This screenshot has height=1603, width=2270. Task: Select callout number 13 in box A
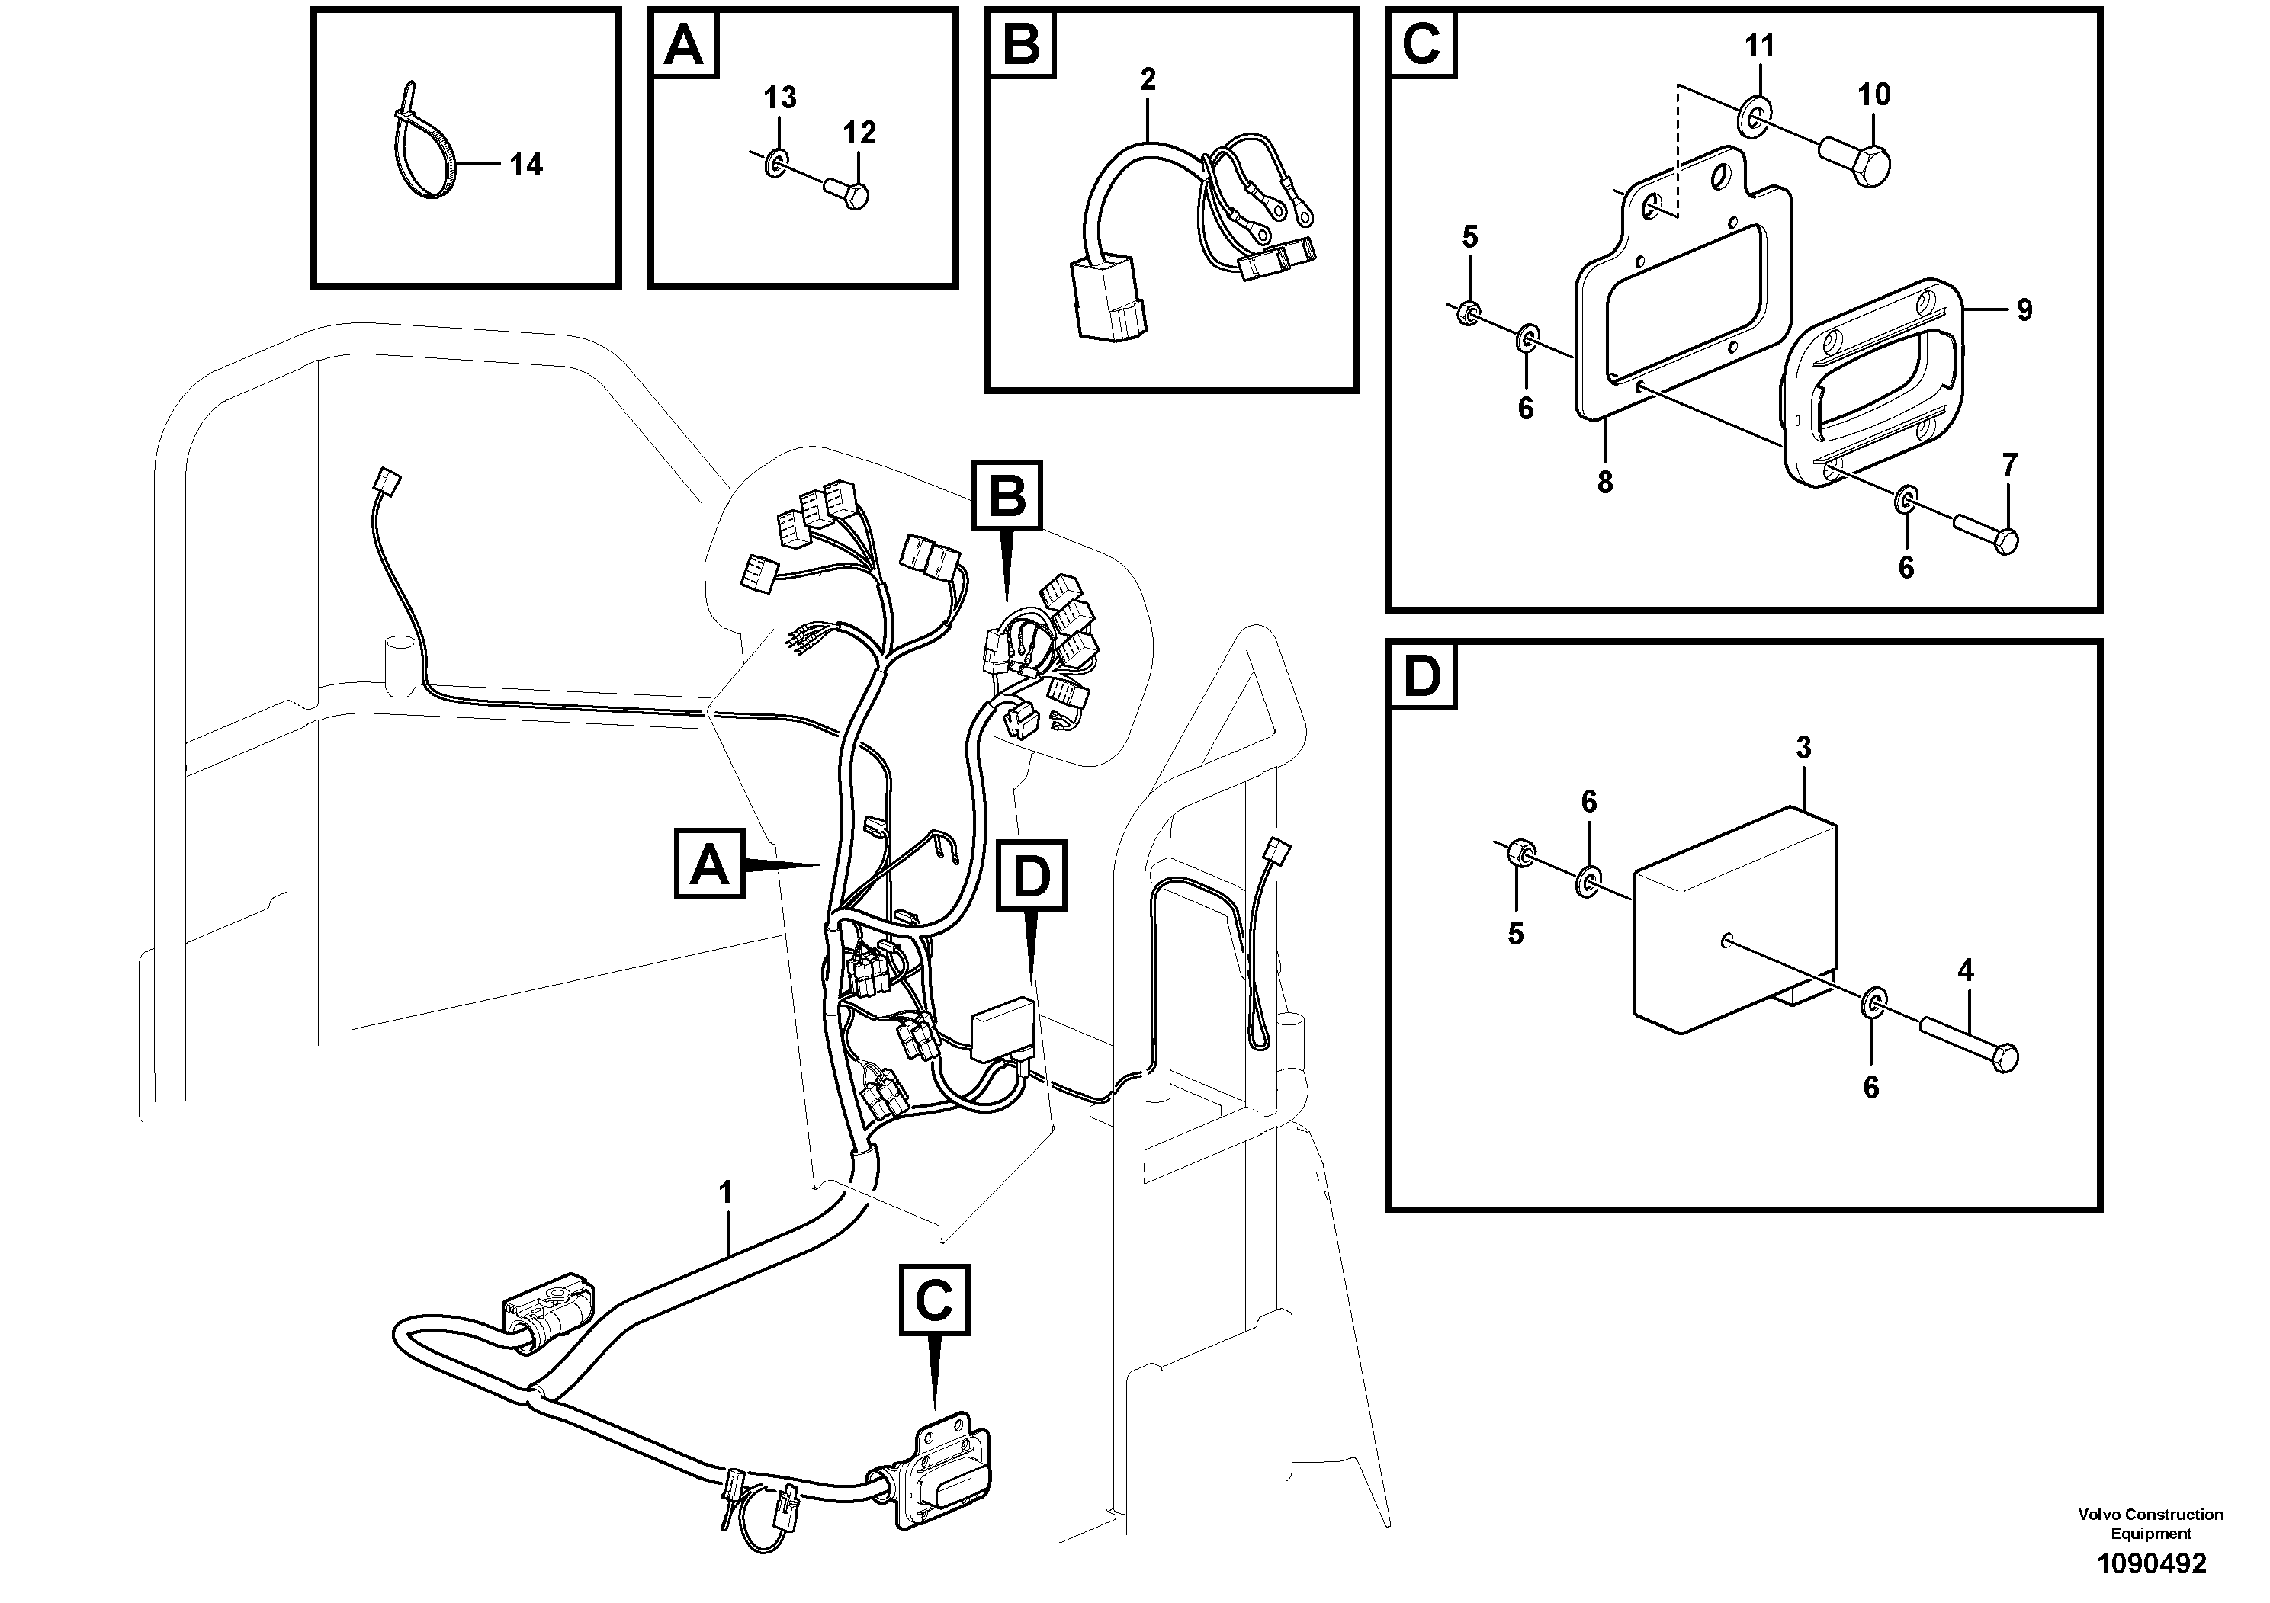tap(780, 98)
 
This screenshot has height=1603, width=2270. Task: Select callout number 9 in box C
tap(2024, 310)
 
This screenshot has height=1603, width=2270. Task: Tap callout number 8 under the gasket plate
tap(1604, 483)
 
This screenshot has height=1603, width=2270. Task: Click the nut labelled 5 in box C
tap(1470, 313)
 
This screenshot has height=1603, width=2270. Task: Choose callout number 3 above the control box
tap(1803, 748)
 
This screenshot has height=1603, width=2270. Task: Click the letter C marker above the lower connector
tap(934, 1300)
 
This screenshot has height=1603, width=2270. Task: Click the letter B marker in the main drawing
tap(1007, 494)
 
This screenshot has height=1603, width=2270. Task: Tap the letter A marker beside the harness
tap(709, 864)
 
